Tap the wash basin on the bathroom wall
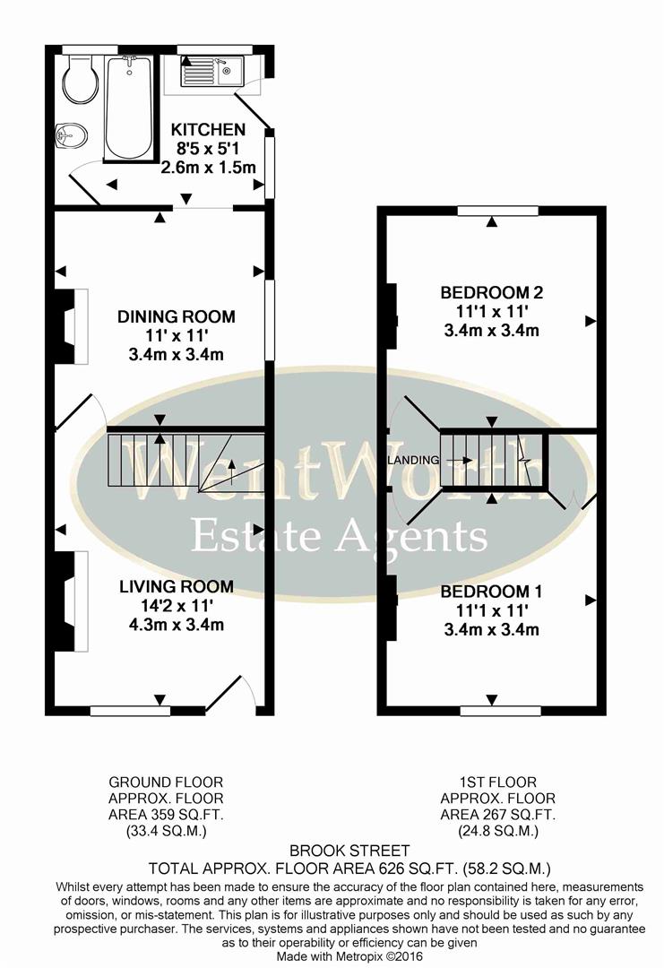click(72, 135)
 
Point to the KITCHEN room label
click(208, 130)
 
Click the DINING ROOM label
click(177, 316)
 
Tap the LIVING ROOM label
click(177, 586)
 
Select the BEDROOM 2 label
click(491, 292)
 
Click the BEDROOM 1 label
click(490, 592)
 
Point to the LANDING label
click(413, 461)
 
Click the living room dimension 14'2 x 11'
click(176, 606)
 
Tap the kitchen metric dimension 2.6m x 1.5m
click(208, 168)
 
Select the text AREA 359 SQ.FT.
click(166, 814)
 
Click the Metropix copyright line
click(332, 958)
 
